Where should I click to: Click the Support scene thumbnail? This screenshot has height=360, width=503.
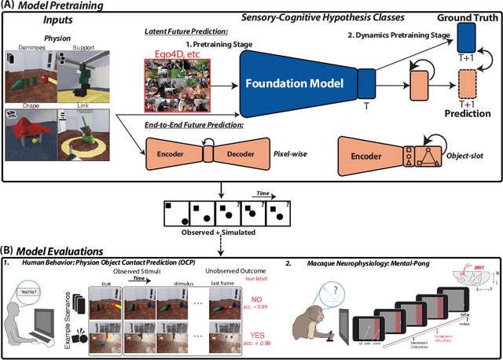point(83,71)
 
